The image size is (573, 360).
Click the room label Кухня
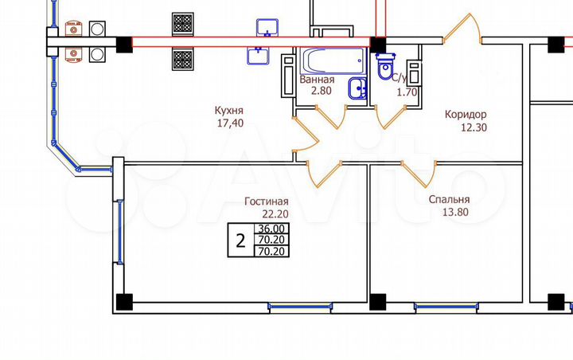(x=228, y=112)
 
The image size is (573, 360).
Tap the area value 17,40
(x=228, y=124)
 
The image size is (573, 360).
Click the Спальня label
(x=448, y=200)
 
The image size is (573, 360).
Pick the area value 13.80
(x=448, y=213)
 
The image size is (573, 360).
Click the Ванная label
(x=317, y=80)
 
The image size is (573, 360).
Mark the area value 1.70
(x=407, y=92)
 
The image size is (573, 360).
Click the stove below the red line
(x=183, y=58)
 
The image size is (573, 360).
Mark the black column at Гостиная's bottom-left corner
(x=123, y=302)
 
